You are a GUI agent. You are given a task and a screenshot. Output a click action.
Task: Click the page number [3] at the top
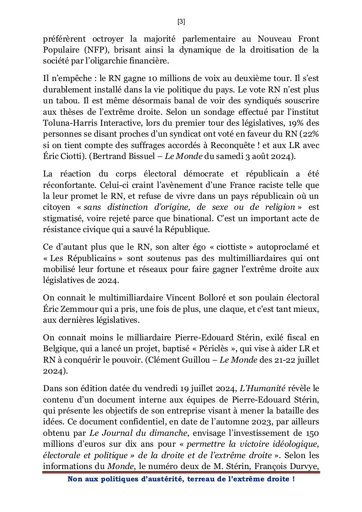click(181, 21)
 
